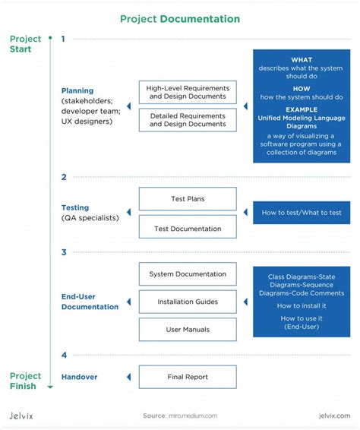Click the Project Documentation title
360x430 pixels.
pos(179,18)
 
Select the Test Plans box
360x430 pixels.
pos(188,199)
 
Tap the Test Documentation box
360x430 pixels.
pos(188,228)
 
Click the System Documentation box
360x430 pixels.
pos(188,273)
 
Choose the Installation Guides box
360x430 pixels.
pos(188,302)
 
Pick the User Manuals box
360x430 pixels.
pos(188,329)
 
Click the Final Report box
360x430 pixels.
pos(188,376)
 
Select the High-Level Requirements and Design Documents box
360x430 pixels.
pos(188,92)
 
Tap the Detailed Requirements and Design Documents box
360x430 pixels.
pos(188,119)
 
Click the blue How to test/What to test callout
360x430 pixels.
pos(302,213)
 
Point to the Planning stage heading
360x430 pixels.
pos(77,90)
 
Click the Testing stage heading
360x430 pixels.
pos(75,207)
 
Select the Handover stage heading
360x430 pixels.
pos(79,376)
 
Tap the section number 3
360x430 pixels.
pos(64,252)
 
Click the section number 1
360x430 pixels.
pos(64,39)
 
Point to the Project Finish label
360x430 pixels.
pos(25,381)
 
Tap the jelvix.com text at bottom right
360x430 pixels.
pos(334,416)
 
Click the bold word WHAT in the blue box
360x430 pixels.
pos(302,60)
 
